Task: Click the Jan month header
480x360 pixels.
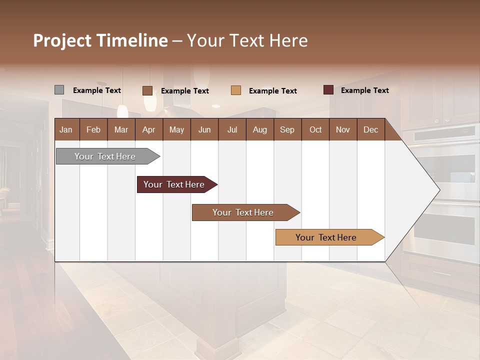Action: pyautogui.click(x=66, y=129)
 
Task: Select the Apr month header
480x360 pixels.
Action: pyautogui.click(x=148, y=129)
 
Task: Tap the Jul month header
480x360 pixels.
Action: pyautogui.click(x=232, y=129)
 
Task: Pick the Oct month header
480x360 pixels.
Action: pyautogui.click(x=315, y=129)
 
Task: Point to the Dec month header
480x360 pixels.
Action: pyautogui.click(x=370, y=129)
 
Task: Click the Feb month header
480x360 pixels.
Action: pyautogui.click(x=93, y=129)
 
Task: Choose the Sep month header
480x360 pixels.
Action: pyautogui.click(x=287, y=129)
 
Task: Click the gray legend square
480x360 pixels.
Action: pyautogui.click(x=59, y=90)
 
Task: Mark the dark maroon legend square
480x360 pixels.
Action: pyautogui.click(x=328, y=90)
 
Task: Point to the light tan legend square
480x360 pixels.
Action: pyautogui.click(x=236, y=90)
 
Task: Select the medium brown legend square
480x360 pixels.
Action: pyautogui.click(x=147, y=90)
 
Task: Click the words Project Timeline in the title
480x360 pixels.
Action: pyautogui.click(x=100, y=40)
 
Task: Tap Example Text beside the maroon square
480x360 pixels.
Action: pyautogui.click(x=364, y=90)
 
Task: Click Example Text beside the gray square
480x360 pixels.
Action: pyautogui.click(x=96, y=90)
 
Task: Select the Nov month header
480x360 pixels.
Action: pyautogui.click(x=342, y=129)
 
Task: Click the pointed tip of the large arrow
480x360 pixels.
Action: pyautogui.click(x=438, y=190)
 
